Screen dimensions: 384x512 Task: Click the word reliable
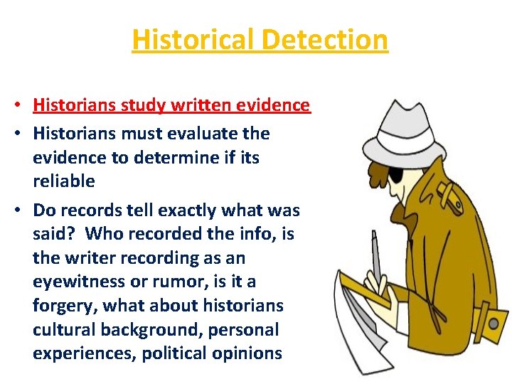point(64,181)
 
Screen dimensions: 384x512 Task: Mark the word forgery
point(65,306)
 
